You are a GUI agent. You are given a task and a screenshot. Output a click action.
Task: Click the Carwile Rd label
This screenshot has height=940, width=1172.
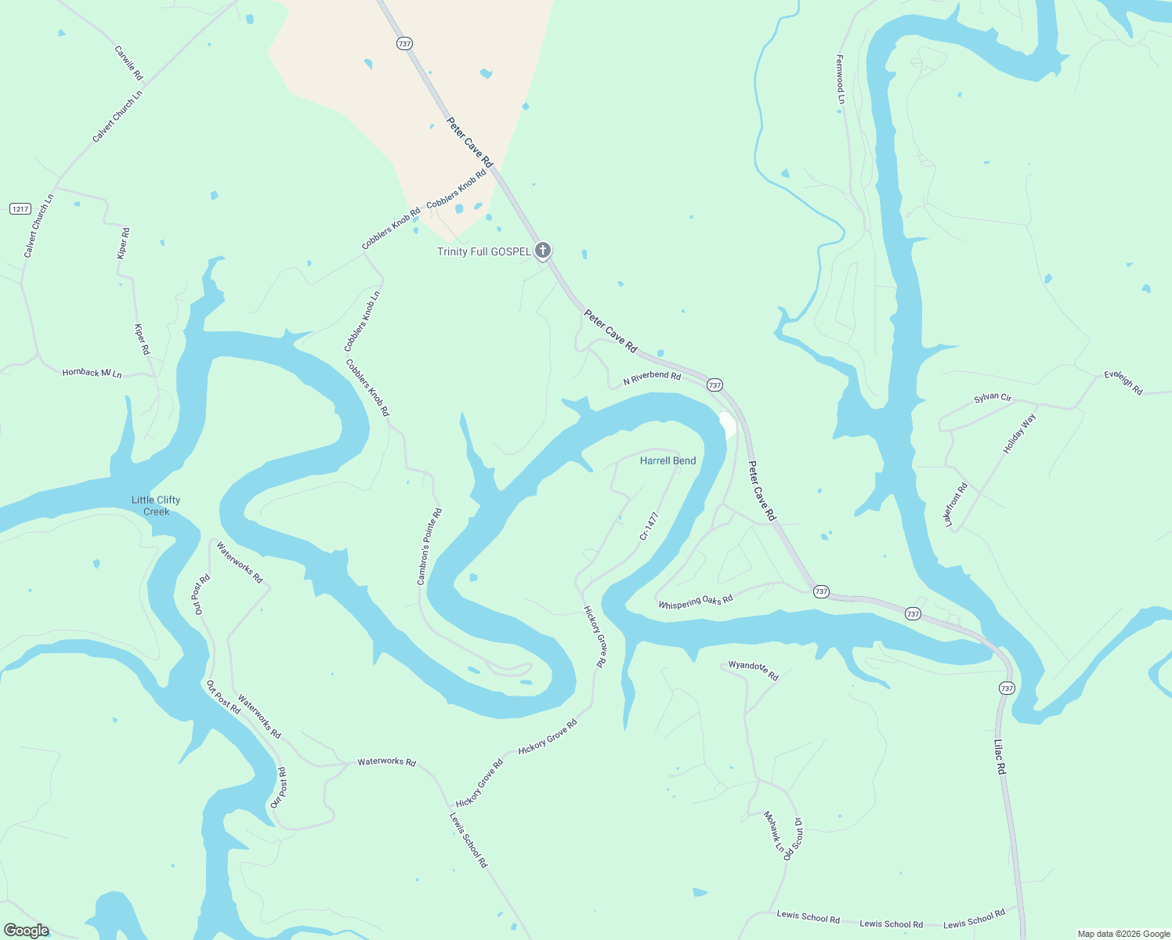pos(128,63)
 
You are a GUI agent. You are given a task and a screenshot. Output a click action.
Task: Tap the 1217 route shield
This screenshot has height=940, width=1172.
pos(20,208)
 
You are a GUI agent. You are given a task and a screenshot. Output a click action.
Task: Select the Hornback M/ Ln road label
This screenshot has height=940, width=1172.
pos(92,373)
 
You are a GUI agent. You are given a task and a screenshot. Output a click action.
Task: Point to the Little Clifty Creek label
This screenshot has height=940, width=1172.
pos(156,505)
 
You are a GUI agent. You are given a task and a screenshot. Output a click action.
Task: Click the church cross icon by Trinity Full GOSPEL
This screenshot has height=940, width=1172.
pos(542,251)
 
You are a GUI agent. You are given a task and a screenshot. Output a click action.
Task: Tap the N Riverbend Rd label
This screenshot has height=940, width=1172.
pos(652,378)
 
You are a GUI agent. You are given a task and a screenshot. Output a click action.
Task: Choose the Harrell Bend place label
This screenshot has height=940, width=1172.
pos(667,461)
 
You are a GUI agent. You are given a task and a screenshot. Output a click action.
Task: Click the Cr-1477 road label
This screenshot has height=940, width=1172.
pos(649,526)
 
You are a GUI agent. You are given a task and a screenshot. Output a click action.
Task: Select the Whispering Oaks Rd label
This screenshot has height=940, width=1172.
pos(696,602)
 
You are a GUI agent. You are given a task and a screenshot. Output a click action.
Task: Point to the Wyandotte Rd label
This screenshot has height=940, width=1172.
pos(753,670)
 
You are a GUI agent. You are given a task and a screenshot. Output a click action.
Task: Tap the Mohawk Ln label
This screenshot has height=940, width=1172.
pos(773,832)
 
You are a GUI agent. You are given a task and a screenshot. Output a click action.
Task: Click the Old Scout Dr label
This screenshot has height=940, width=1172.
pos(793,839)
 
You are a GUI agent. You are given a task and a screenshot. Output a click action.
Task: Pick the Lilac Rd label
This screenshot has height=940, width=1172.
pos(1000,757)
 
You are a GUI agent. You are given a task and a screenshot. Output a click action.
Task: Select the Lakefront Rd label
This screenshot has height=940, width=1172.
pos(956,504)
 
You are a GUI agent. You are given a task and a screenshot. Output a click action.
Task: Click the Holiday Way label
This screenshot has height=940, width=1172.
pos(1019,433)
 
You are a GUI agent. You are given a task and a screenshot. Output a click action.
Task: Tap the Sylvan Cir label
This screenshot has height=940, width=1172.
pos(993,398)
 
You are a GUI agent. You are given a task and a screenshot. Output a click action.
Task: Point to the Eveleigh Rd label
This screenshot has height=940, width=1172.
pos(1123,382)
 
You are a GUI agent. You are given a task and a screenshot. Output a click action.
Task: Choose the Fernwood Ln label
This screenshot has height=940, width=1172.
pos(840,79)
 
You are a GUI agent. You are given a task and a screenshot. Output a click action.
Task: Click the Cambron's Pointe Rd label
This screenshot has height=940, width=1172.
pos(429,546)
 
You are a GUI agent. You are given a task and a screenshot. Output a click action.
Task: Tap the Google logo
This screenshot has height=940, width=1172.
pos(27,931)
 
